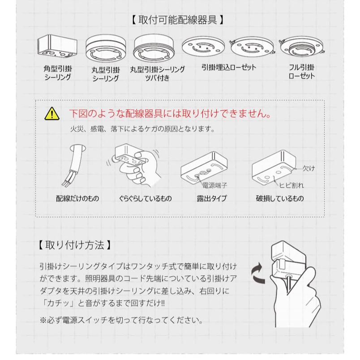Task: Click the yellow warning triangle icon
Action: coord(52,114)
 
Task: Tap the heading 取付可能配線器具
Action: coord(178,20)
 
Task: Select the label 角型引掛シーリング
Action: coord(58,73)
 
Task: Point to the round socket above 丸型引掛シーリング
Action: coord(106,49)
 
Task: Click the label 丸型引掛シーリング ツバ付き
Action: coord(157,73)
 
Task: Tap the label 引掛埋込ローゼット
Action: coord(229,67)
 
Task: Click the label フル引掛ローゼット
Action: coord(301,71)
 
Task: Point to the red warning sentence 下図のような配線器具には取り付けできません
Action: coord(170,114)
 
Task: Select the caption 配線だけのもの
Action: coord(77,198)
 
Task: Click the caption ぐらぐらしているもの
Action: coord(145,198)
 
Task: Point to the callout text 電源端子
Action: coord(214,185)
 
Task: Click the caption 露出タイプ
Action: coord(212,198)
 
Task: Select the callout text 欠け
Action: coord(309,168)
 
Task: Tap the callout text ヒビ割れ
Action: coord(291,185)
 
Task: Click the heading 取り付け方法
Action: coord(75,245)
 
